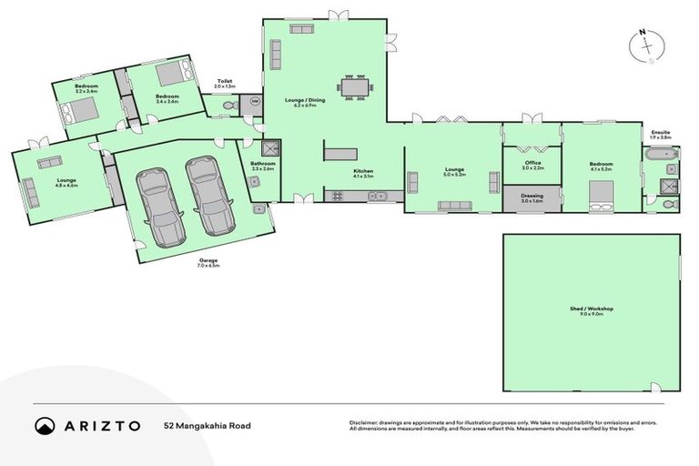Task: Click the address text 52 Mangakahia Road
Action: [208, 425]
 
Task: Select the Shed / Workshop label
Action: [591, 310]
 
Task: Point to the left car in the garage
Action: [159, 200]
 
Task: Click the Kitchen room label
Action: [363, 171]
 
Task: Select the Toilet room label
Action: [224, 81]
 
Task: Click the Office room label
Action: [532, 163]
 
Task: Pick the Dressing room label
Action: [532, 196]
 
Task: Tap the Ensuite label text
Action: [661, 133]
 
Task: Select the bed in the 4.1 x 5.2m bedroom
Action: [603, 197]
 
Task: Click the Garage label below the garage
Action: [208, 260]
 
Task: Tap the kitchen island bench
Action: [340, 154]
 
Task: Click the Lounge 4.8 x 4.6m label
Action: [66, 181]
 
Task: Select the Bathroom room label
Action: [263, 164]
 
